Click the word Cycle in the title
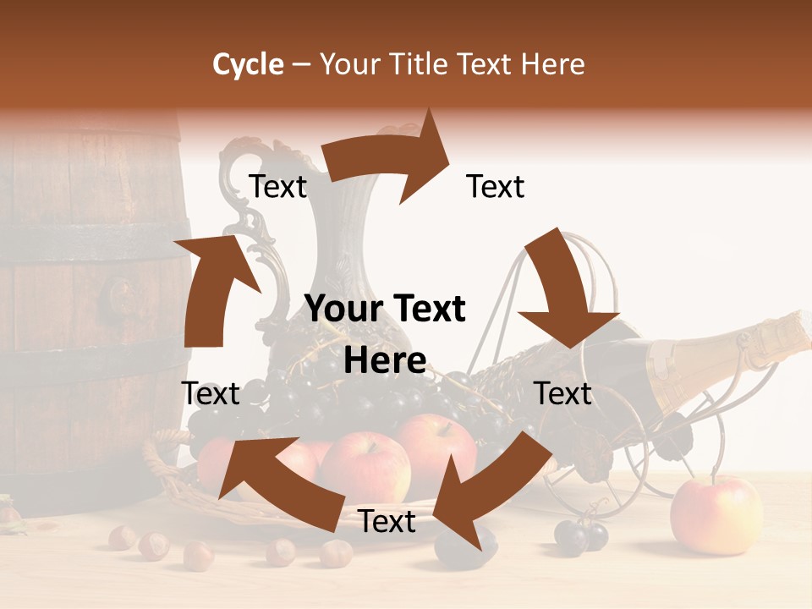248,64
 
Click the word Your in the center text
338,309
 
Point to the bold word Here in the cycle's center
385,360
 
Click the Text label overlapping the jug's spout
277,187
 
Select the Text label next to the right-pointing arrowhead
496,187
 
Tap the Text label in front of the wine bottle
563,394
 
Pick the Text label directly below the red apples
387,522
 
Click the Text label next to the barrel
211,394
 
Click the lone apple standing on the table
716,515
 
